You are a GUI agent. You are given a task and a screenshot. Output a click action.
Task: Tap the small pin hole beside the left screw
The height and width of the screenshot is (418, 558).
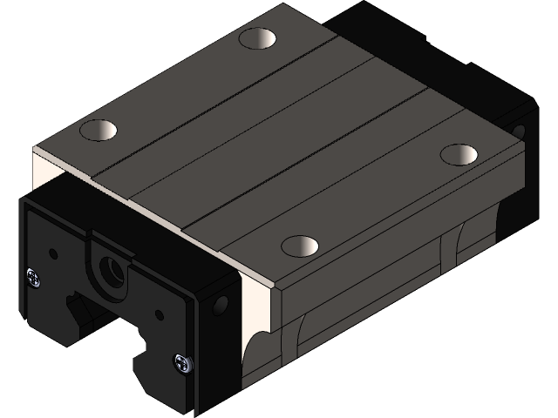coord(53,253)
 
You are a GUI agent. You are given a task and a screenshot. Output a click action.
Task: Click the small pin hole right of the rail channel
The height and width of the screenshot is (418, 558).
coord(158,315)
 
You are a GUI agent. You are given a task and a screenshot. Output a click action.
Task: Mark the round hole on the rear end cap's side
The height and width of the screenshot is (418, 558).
coord(521,131)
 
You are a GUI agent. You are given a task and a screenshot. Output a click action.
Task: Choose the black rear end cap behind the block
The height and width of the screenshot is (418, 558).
coord(384,35)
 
